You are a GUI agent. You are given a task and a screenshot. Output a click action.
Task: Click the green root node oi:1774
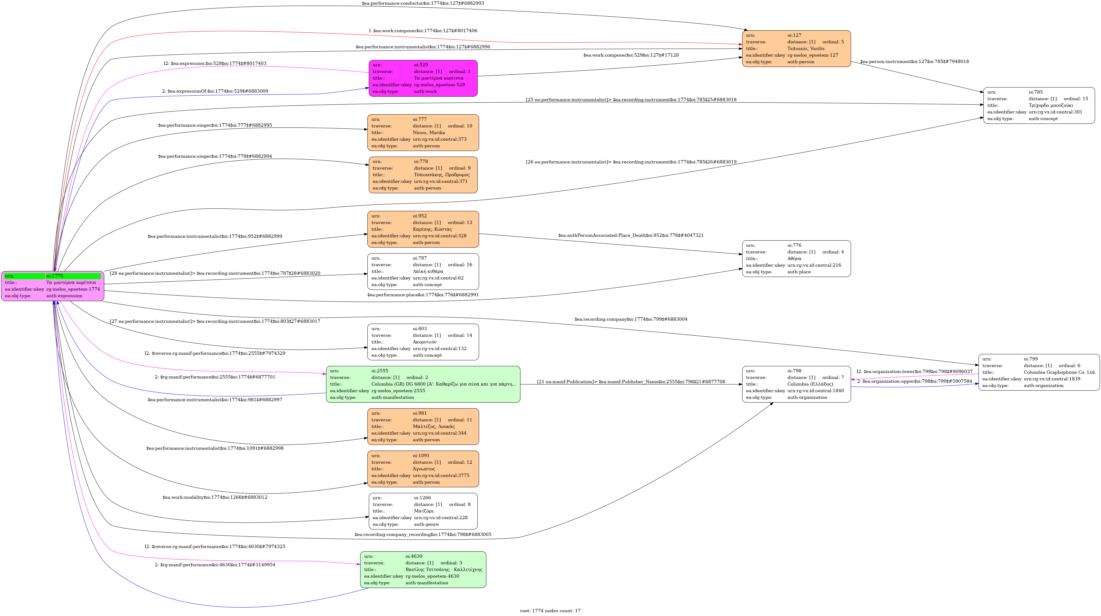click(53, 286)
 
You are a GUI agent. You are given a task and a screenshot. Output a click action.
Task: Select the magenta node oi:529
click(423, 78)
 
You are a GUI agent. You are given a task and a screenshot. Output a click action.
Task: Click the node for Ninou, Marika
click(423, 133)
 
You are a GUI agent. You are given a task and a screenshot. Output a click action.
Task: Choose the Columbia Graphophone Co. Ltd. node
click(1039, 372)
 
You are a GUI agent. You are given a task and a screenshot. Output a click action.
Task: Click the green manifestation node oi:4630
click(423, 569)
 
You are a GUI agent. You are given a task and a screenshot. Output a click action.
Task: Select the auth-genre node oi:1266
click(423, 511)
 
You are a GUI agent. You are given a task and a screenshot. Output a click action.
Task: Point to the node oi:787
click(423, 271)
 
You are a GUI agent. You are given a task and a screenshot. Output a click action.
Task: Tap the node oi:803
click(423, 342)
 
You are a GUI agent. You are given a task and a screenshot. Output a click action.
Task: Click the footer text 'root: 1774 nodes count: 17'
click(550, 611)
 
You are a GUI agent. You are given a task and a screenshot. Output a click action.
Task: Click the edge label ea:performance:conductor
click(423, 3)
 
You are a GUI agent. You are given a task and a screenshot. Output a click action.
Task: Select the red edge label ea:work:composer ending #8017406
click(423, 31)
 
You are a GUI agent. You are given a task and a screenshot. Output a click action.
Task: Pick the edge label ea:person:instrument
click(914, 62)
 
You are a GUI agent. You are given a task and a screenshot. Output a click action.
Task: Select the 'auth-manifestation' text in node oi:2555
click(392, 397)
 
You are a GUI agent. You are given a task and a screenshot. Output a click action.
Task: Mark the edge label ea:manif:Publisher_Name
click(631, 382)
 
